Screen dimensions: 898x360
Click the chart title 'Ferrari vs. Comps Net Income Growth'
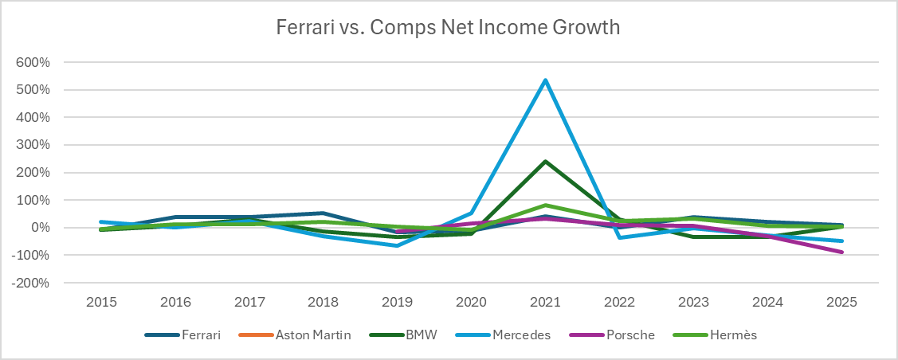click(x=449, y=27)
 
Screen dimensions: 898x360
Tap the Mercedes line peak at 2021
click(x=545, y=80)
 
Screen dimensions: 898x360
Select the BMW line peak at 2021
click(x=545, y=162)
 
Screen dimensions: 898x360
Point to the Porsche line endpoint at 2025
click(x=841, y=252)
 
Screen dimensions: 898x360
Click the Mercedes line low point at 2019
click(x=397, y=245)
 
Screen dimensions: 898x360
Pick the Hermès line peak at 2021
click(x=545, y=205)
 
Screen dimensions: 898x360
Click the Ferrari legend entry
click(x=182, y=335)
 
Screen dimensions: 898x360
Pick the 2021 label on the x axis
click(x=545, y=302)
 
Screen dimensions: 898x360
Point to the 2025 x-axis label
click(x=841, y=302)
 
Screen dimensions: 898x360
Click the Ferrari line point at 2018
click(x=323, y=213)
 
